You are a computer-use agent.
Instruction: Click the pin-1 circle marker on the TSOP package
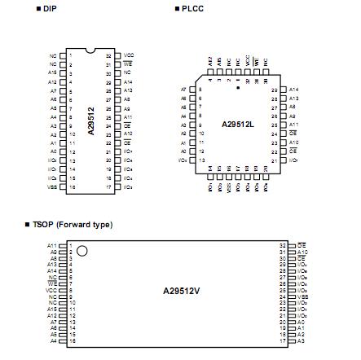[x=81, y=252]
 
